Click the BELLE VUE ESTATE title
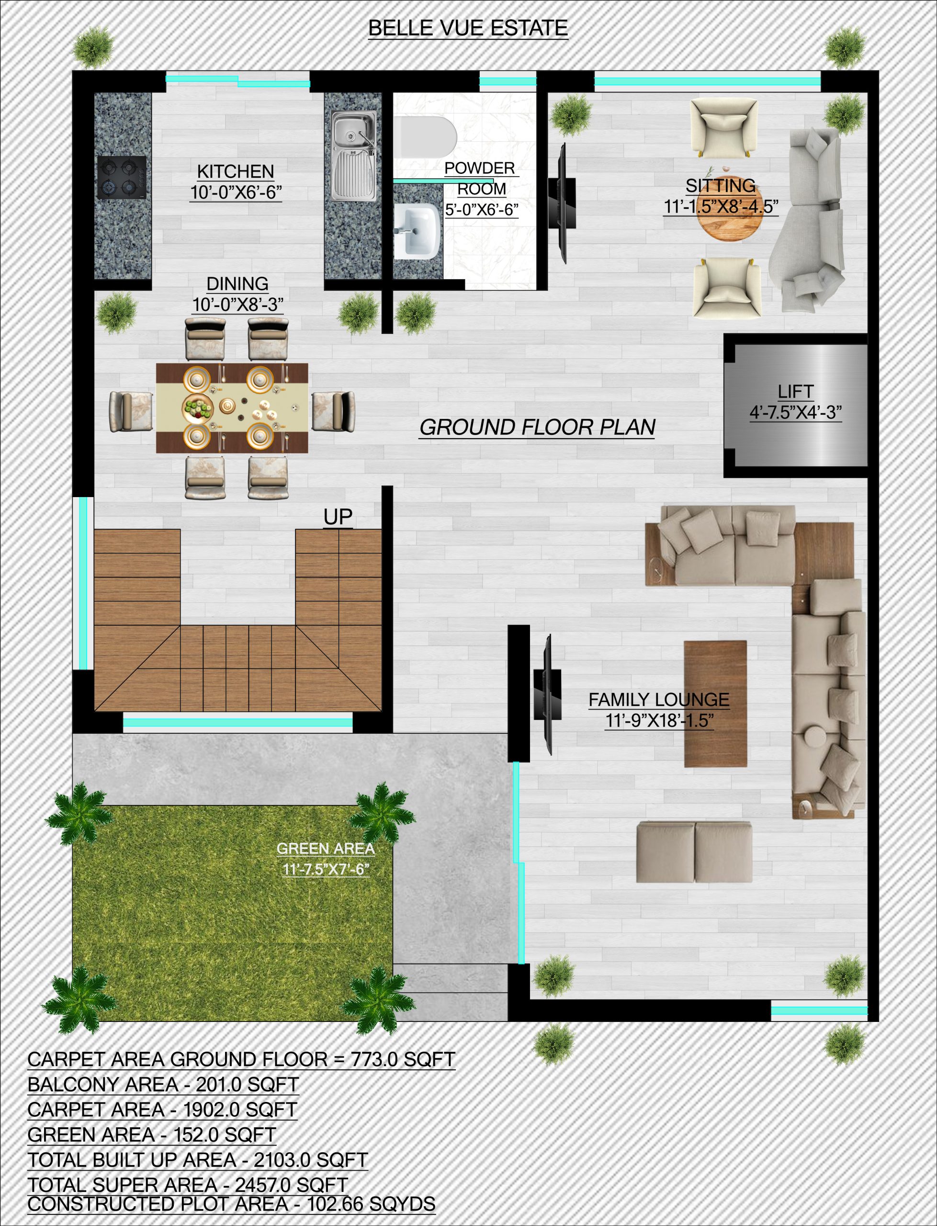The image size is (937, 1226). coord(468,28)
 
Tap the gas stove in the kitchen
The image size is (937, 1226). coord(122,177)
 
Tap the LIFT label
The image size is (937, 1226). coord(795,392)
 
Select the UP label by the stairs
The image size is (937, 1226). coord(338,517)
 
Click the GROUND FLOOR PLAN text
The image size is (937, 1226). coord(537,427)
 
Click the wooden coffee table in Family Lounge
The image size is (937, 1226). coord(716,704)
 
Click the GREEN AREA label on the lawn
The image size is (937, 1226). coord(326,849)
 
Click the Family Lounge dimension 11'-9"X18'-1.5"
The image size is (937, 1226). coord(659,721)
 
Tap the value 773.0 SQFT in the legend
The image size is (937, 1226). coord(403,1059)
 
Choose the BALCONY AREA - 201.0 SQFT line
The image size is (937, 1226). coord(163,1084)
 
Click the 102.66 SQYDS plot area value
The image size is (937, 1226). coord(371,1204)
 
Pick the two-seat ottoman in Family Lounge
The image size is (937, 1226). coord(694,851)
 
